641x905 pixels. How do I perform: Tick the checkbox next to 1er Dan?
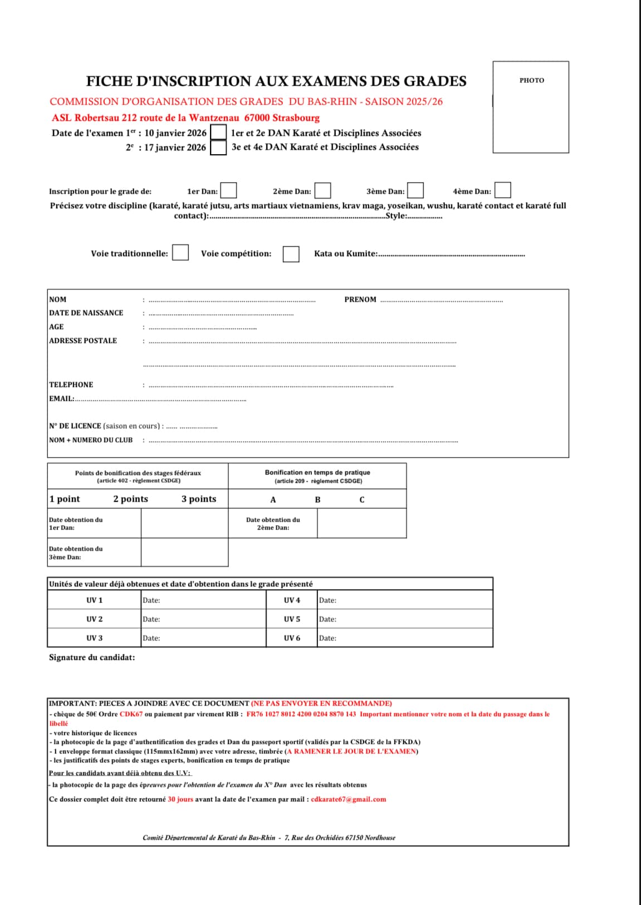point(229,190)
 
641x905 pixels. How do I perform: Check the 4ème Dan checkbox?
point(503,190)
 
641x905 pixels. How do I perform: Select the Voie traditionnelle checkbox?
point(180,252)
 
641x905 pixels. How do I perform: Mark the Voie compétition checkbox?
point(291,254)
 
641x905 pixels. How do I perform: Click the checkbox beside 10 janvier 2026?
point(219,133)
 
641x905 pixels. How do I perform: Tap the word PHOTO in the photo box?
point(532,80)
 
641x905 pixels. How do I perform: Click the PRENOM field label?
point(360,300)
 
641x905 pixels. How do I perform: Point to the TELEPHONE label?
point(71,385)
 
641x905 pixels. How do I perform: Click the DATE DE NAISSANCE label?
point(86,313)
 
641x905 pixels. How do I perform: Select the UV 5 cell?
point(292,619)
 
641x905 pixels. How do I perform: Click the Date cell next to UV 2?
point(203,619)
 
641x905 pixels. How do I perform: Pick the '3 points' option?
point(199,499)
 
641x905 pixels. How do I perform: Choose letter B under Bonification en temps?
point(317,500)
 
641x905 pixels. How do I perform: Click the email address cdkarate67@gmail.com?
point(349,799)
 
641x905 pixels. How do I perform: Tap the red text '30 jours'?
point(180,799)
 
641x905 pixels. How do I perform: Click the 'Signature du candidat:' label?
point(92,657)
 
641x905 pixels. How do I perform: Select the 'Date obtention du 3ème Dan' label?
point(76,552)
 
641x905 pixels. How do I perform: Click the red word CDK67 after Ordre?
point(131,714)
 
